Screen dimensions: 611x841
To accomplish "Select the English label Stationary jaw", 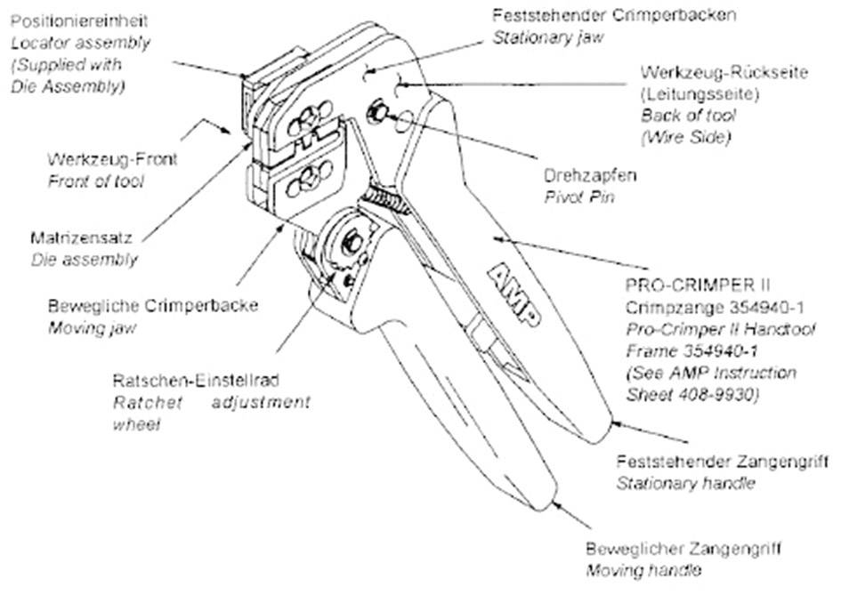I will [x=546, y=37].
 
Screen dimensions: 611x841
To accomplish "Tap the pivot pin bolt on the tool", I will [x=377, y=113].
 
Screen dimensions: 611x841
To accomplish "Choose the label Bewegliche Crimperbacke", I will [x=153, y=305].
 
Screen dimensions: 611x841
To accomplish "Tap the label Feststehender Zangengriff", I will [x=722, y=462].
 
